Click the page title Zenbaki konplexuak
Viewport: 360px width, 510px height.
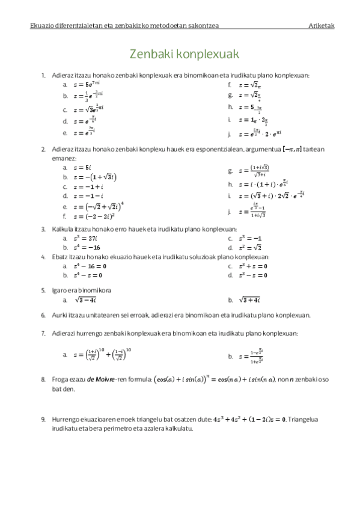(x=185, y=54)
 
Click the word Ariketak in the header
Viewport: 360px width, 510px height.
(x=322, y=25)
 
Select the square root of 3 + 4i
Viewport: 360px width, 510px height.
(x=249, y=300)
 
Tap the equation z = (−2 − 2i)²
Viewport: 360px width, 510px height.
(x=90, y=216)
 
